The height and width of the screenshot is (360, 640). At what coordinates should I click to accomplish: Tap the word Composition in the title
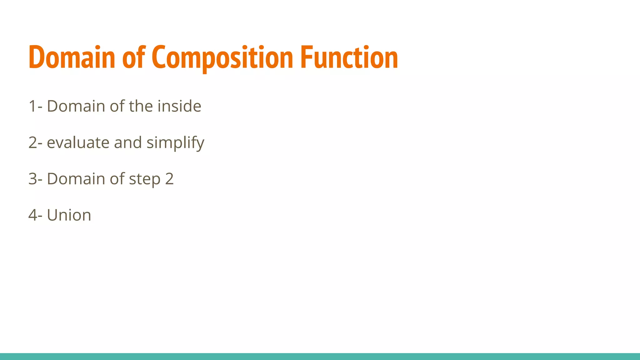click(x=222, y=57)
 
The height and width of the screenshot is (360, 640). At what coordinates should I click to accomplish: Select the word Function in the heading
click(x=349, y=57)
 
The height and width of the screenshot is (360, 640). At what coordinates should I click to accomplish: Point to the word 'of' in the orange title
click(x=134, y=57)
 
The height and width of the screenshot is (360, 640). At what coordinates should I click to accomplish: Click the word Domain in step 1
click(x=76, y=106)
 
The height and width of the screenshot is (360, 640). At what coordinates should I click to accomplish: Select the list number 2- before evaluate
click(x=35, y=143)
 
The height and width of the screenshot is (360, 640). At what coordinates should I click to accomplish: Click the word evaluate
click(x=78, y=143)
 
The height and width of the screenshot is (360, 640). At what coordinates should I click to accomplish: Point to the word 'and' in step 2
click(x=128, y=143)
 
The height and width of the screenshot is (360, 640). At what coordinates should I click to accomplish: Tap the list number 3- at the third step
click(x=35, y=179)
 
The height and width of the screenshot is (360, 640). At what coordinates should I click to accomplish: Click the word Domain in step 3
click(x=76, y=179)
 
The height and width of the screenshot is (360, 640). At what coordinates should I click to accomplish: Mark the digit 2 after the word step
click(x=169, y=179)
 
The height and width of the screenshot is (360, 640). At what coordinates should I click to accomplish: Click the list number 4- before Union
click(x=35, y=215)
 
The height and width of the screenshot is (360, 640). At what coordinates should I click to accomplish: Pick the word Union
click(x=69, y=215)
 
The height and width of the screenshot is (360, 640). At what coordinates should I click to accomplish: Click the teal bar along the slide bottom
click(x=320, y=357)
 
